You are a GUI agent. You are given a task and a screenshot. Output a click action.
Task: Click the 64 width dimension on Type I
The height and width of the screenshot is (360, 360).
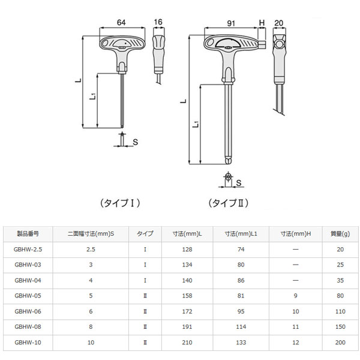tap(121, 23)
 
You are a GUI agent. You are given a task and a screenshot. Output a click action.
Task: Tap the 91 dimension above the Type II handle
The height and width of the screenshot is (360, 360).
tap(231, 23)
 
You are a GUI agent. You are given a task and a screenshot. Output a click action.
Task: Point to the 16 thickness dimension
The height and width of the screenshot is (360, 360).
tap(158, 22)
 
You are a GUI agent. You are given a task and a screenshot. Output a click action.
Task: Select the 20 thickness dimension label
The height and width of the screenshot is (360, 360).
tap(279, 23)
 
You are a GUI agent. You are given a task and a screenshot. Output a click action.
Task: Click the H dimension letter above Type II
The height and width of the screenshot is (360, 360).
tap(262, 23)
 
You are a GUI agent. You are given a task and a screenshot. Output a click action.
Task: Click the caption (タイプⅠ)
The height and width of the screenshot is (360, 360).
tap(120, 203)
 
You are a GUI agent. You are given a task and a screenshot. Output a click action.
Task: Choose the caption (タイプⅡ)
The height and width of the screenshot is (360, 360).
tap(229, 203)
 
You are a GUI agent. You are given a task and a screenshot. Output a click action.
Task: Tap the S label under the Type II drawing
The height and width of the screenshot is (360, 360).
tap(239, 183)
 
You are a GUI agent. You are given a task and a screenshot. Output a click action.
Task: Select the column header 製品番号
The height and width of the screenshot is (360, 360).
tap(28, 234)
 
